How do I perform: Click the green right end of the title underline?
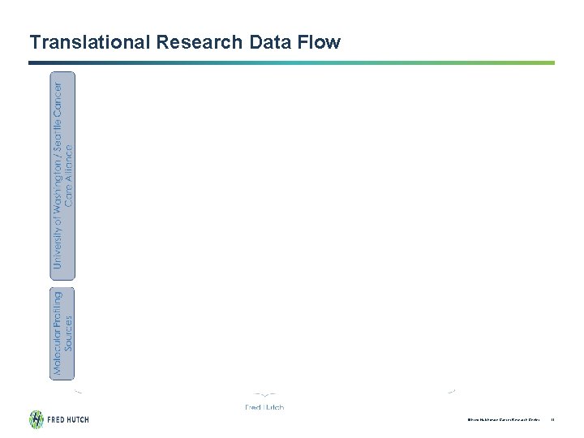click(543, 62)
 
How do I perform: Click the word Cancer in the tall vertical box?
click(57, 92)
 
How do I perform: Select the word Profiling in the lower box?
click(57, 311)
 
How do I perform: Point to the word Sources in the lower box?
click(69, 333)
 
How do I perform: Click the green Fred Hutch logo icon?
click(37, 419)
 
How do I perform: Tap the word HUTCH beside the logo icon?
click(77, 419)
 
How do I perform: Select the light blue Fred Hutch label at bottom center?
click(264, 407)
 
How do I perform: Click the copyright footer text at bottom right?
click(503, 420)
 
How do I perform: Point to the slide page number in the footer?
click(552, 420)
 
